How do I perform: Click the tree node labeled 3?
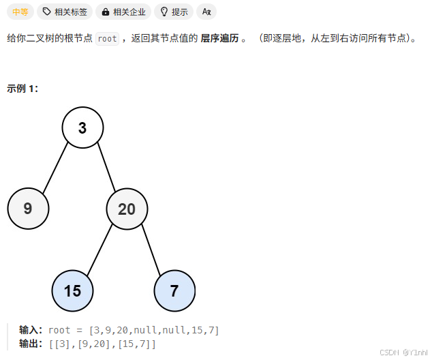pyautogui.click(x=82, y=127)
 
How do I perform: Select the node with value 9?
pyautogui.click(x=28, y=209)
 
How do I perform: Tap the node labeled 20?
pyautogui.click(x=127, y=209)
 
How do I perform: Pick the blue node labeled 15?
pyautogui.click(x=72, y=290)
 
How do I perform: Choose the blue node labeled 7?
pyautogui.click(x=174, y=290)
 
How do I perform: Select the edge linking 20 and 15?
pyautogui.click(x=99, y=250)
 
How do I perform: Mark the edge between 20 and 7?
pyautogui.click(x=151, y=250)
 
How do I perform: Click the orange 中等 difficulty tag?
pyautogui.click(x=20, y=12)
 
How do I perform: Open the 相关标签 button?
pyautogui.click(x=65, y=12)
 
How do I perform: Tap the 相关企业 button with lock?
pyautogui.click(x=122, y=12)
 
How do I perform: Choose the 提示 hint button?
pyautogui.click(x=174, y=12)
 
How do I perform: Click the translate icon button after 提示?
pyautogui.click(x=206, y=12)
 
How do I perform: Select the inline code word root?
pyautogui.click(x=107, y=39)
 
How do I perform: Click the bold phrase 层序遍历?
pyautogui.click(x=219, y=39)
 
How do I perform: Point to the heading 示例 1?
pyautogui.click(x=22, y=89)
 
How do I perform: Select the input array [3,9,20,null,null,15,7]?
pyautogui.click(x=154, y=331)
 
